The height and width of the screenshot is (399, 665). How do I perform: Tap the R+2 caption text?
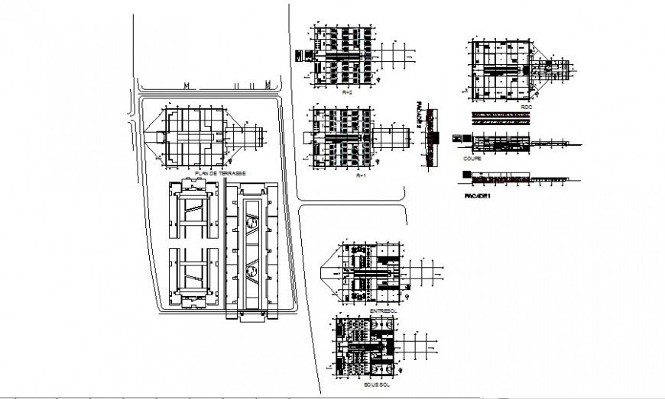tap(347, 92)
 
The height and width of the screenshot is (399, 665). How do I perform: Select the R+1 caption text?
tap(362, 175)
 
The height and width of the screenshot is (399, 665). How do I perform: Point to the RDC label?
tap(526, 108)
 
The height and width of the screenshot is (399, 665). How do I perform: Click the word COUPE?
tap(472, 159)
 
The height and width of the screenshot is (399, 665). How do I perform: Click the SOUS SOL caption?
tap(378, 387)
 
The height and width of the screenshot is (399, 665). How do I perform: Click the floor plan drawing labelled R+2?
tap(344, 57)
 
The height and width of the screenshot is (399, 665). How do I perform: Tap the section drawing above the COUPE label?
tap(501, 143)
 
